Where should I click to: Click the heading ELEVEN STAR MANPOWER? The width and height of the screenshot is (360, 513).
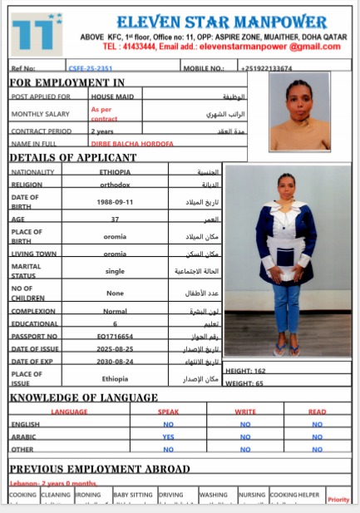(221, 21)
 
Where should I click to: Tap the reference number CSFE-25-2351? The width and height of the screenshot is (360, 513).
(91, 68)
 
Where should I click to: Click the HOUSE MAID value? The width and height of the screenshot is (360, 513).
(108, 96)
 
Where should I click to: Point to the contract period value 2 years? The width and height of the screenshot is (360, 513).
(102, 131)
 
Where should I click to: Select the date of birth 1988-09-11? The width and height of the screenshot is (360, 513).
(115, 201)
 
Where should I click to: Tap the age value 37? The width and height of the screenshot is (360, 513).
(115, 219)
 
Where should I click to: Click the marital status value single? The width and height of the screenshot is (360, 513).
(115, 271)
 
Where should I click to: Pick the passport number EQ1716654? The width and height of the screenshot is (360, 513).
(115, 335)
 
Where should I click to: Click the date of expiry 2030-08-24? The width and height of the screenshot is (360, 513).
(115, 361)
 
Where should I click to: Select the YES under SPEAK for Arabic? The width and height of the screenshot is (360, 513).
(168, 436)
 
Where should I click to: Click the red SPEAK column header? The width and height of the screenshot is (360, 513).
(168, 412)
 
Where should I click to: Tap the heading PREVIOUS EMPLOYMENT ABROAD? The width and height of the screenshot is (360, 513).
(99, 469)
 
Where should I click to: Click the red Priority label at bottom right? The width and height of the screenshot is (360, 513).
(338, 499)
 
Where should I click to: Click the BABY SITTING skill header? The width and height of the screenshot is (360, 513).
(133, 495)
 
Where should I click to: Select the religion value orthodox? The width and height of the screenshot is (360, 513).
(115, 185)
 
